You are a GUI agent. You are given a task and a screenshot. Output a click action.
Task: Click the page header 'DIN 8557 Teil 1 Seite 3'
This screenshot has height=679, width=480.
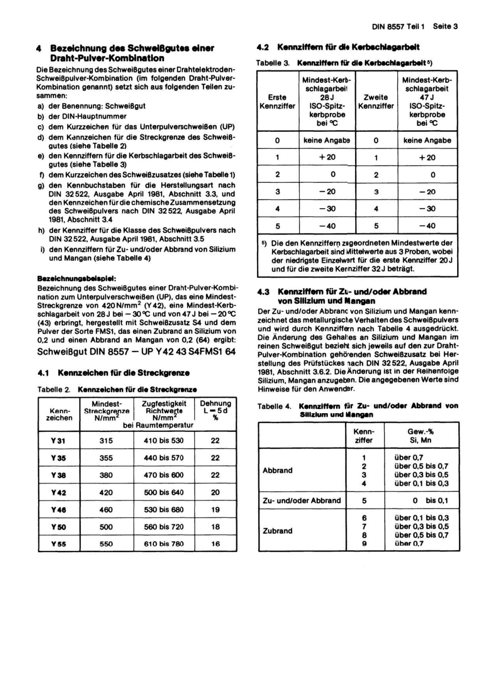coord(414,26)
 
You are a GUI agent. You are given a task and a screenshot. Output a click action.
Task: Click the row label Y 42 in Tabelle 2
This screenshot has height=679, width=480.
coord(59,493)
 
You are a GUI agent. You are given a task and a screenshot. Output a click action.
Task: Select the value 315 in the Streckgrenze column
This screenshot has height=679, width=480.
coord(106,441)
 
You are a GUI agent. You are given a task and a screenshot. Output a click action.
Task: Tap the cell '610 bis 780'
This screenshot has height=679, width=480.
coord(164,544)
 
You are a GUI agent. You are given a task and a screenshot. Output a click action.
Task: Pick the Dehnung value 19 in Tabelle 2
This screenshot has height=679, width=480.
coord(215,510)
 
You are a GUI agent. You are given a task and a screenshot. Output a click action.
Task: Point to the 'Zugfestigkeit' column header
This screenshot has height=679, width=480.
coord(164,404)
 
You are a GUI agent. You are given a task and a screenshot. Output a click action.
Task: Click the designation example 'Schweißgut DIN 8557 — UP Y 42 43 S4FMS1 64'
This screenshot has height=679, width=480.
coord(136,352)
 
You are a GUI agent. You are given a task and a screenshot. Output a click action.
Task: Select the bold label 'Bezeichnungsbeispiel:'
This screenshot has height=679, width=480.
coord(77,278)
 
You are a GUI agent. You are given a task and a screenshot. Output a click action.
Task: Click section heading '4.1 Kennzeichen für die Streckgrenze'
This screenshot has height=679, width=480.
coord(114,373)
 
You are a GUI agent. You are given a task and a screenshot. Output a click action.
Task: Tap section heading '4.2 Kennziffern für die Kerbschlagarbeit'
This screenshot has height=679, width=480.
coord(338,47)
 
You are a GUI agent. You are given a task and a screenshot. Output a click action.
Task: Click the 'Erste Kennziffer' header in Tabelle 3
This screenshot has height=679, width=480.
coord(277,102)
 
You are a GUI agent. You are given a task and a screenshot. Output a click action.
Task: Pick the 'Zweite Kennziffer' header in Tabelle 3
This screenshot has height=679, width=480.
coord(376,102)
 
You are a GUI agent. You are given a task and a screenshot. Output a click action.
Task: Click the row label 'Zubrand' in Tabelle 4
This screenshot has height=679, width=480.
coord(277,531)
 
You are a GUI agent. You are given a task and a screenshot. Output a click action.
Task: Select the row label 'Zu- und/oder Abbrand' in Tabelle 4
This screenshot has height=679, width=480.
coord(302,501)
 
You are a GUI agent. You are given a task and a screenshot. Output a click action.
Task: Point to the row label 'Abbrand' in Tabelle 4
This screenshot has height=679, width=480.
coord(277,470)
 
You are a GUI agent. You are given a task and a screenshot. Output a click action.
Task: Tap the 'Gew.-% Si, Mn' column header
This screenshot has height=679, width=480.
coord(420,435)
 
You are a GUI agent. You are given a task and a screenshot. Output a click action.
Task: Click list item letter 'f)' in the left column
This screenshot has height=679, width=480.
coord(41,175)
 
